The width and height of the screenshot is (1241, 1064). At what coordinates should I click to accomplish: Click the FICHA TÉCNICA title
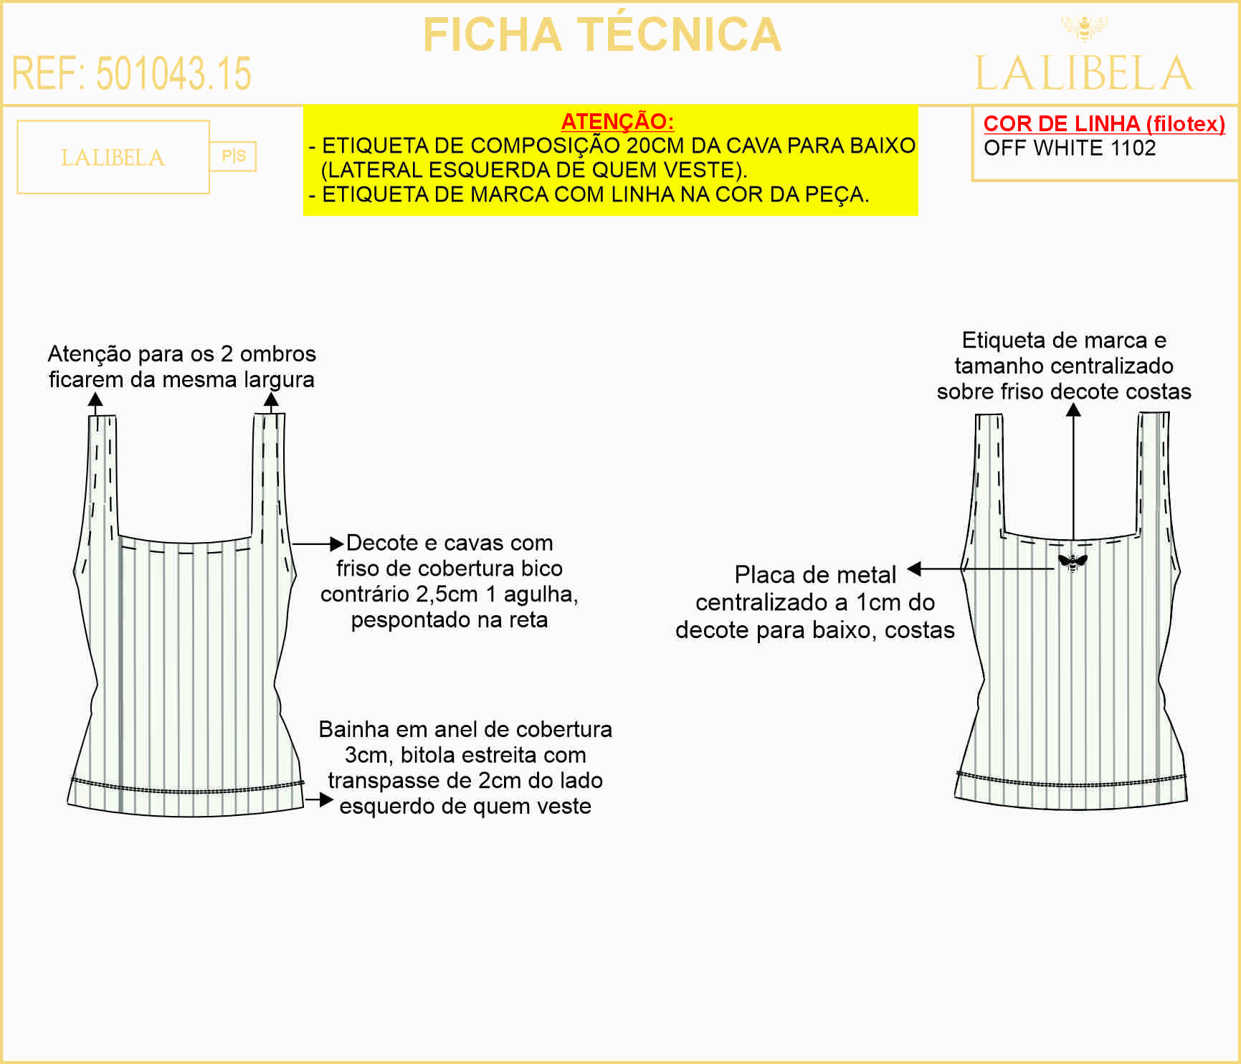602,34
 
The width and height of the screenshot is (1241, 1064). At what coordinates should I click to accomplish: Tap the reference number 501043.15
173,73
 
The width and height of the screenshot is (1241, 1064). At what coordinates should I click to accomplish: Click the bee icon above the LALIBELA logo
1084,29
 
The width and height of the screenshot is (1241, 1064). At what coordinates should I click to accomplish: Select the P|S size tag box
233,156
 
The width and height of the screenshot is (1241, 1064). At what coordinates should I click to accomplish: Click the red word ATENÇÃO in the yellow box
617,121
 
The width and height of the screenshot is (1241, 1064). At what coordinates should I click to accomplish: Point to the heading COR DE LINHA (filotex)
1104,123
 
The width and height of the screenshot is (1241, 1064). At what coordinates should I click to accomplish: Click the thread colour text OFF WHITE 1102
1070,148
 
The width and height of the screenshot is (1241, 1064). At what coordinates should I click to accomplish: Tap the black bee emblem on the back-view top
1073,562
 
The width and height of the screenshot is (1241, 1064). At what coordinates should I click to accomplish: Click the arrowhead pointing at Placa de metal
914,569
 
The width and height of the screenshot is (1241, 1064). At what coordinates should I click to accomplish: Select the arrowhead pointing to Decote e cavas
336,543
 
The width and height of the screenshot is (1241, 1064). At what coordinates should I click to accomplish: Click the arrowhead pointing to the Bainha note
326,799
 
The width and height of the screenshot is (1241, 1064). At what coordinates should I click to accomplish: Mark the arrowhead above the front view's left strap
95,400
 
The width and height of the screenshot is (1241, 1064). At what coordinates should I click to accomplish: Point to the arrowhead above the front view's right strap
271,399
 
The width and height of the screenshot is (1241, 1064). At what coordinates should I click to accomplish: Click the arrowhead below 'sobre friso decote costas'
1073,409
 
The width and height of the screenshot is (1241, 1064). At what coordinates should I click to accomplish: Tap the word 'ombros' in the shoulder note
278,353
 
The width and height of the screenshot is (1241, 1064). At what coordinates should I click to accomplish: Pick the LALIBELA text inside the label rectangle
113,158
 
